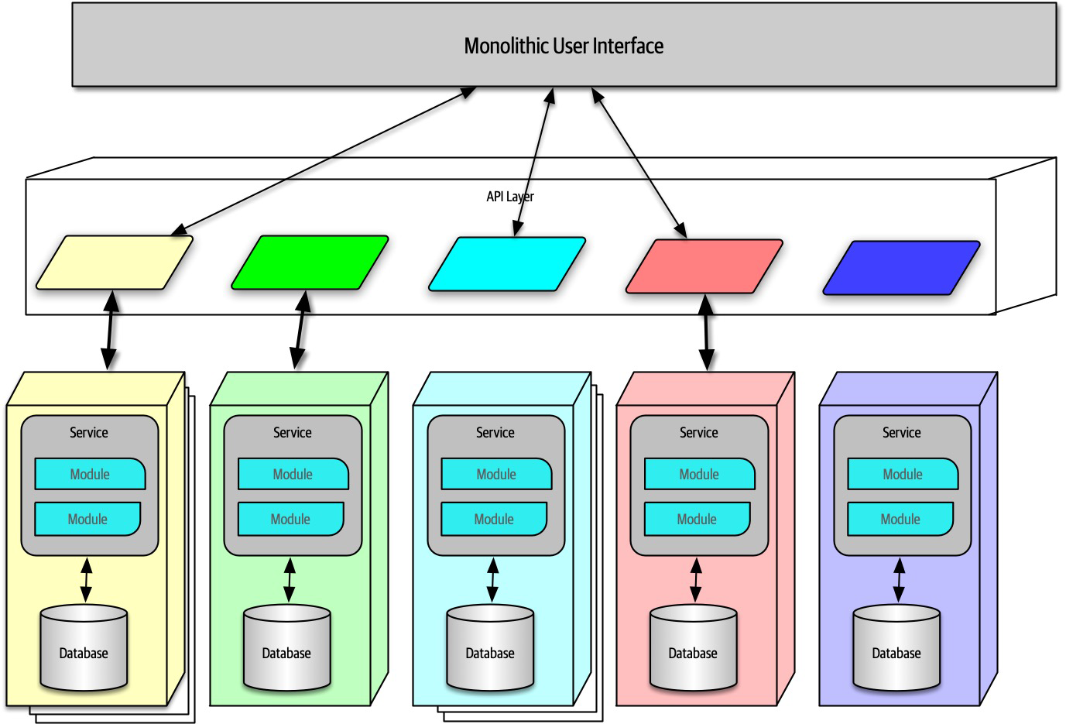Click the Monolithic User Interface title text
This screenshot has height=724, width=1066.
[x=564, y=46]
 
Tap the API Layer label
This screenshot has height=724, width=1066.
[x=509, y=197]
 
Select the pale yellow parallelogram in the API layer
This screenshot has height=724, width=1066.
[x=115, y=262]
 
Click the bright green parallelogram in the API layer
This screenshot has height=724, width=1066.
[x=310, y=262]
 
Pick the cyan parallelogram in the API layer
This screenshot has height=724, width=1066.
[x=507, y=264]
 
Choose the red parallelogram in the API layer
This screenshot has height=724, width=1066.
[x=704, y=266]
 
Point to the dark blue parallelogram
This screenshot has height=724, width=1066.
[x=901, y=268]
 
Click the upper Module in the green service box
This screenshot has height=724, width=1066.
[x=293, y=474]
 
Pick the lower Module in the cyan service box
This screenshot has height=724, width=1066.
[x=494, y=519]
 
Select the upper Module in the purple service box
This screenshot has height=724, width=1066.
[x=903, y=474]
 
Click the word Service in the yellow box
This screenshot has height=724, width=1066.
[x=89, y=432]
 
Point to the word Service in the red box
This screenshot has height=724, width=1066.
[x=699, y=432]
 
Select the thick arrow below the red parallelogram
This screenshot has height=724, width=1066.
[x=706, y=332]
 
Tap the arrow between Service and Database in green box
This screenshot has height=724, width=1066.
[x=289, y=581]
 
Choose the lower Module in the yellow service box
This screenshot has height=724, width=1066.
[x=87, y=519]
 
